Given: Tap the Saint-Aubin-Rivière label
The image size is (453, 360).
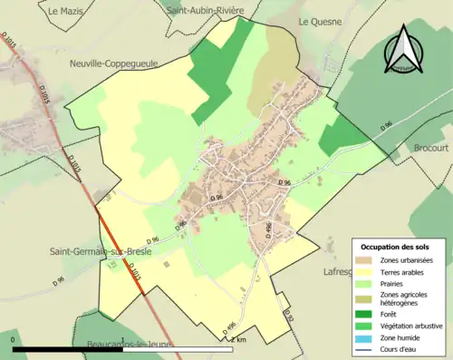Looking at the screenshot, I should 206,10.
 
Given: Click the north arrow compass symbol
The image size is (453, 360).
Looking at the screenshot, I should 405,50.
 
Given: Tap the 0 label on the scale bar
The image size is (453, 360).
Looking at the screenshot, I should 14,339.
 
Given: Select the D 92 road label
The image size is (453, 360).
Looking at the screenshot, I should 290,316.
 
